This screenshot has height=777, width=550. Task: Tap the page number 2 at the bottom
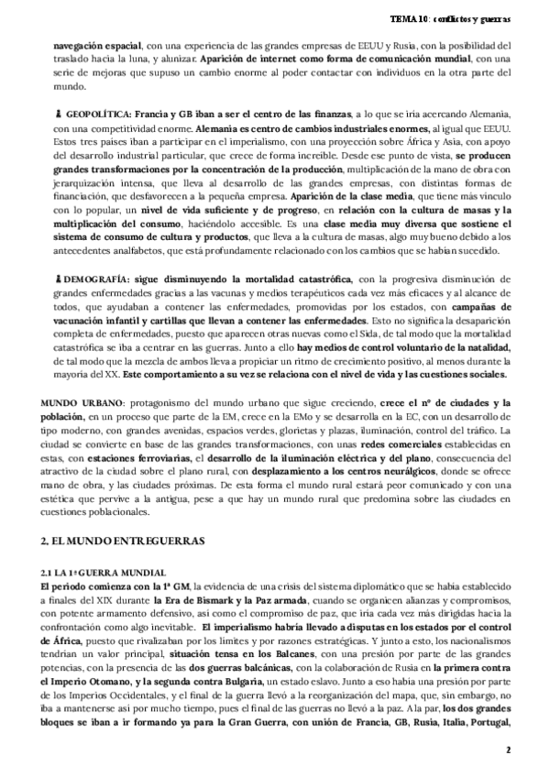[507, 750]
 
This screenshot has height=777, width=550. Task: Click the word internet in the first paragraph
[273, 59]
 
